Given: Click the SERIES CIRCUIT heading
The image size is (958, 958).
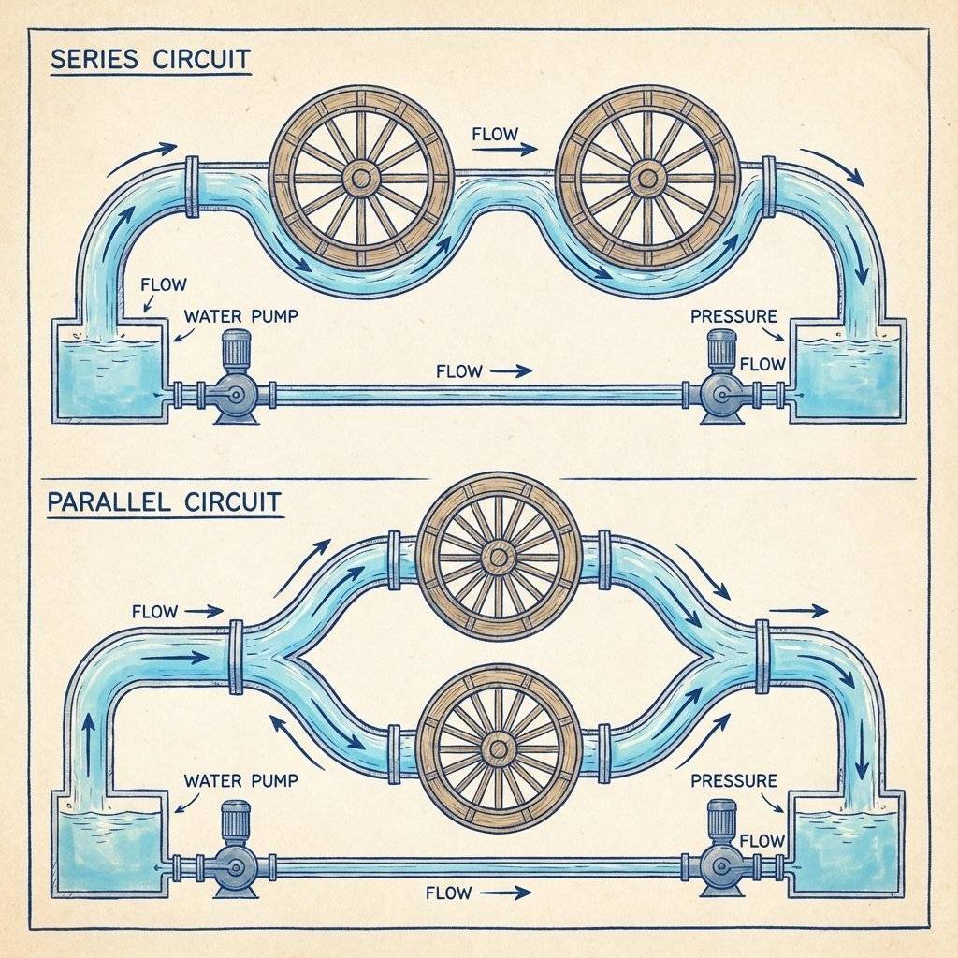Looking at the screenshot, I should tap(150, 59).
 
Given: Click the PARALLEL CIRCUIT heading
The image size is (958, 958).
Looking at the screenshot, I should tap(164, 501).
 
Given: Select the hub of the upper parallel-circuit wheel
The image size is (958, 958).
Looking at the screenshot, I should tap(497, 559).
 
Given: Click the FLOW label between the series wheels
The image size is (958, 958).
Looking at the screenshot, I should tap(495, 135).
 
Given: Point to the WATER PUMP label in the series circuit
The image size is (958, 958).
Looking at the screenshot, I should tap(241, 316).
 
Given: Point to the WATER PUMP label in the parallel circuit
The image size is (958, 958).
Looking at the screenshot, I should tap(241, 779).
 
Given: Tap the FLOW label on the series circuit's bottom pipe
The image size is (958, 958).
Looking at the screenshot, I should tap(459, 371).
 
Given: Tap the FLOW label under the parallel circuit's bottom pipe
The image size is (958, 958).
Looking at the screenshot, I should tap(448, 893).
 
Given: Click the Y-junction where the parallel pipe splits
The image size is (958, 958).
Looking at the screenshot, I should tap(281, 655).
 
